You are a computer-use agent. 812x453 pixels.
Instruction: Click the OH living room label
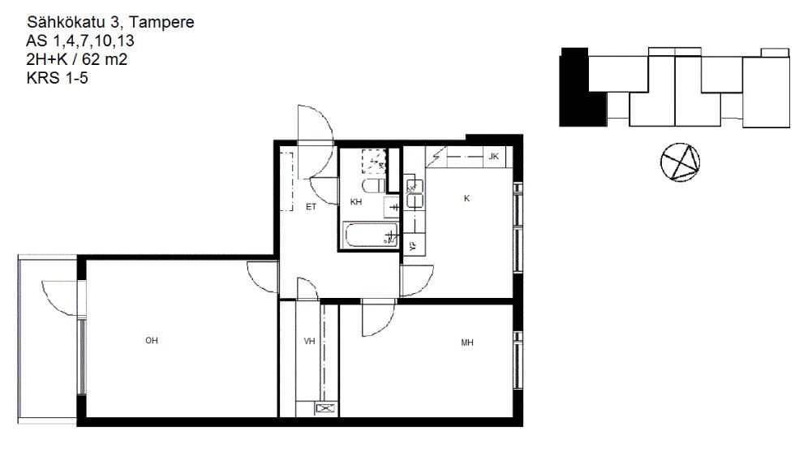click(x=151, y=340)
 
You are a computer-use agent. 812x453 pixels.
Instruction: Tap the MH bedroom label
click(x=467, y=343)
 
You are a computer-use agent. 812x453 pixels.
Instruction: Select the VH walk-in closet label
click(x=309, y=341)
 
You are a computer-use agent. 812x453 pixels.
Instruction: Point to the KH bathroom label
click(x=356, y=202)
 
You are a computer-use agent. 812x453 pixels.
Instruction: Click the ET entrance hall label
click(x=311, y=207)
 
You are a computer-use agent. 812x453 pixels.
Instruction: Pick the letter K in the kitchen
click(x=466, y=199)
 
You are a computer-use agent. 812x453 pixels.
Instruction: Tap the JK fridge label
click(x=493, y=156)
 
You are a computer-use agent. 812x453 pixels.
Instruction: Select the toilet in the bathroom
click(x=374, y=186)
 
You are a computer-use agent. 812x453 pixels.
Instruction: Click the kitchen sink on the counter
click(x=415, y=194)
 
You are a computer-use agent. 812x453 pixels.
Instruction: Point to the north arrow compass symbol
click(x=680, y=162)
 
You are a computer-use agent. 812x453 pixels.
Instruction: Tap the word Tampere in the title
click(x=161, y=22)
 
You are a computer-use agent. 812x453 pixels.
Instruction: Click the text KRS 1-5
click(x=57, y=78)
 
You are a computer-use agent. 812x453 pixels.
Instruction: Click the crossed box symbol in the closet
click(x=325, y=409)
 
